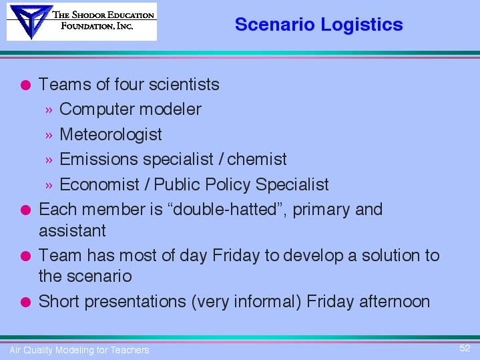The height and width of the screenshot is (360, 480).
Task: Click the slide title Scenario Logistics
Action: click(x=318, y=25)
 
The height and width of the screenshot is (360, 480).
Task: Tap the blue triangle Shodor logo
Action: click(x=31, y=21)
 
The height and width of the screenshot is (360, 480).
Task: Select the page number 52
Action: click(x=465, y=348)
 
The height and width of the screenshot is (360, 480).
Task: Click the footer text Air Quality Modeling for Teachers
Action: click(x=79, y=350)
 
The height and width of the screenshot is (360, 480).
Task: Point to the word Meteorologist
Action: click(x=111, y=134)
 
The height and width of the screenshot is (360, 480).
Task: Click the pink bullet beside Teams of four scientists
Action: click(x=26, y=85)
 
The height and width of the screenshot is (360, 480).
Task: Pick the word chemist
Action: click(x=257, y=159)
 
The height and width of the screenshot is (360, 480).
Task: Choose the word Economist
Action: click(x=99, y=184)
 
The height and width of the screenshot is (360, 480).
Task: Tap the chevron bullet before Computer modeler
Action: click(x=49, y=110)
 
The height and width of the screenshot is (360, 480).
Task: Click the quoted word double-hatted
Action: click(x=225, y=209)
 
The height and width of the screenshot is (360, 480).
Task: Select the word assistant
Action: click(x=72, y=230)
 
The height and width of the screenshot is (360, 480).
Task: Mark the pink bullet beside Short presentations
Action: click(x=26, y=302)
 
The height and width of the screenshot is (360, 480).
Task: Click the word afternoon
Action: click(x=395, y=301)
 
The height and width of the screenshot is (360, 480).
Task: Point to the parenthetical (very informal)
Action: click(x=246, y=302)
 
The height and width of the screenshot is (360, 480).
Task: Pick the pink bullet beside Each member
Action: click(x=26, y=210)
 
